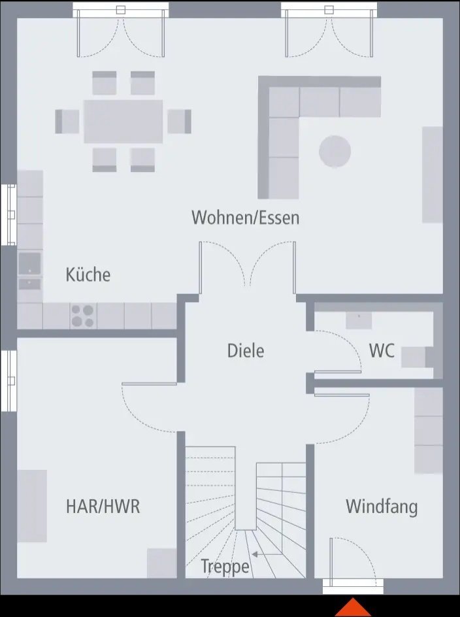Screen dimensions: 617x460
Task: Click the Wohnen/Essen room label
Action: tap(245, 218)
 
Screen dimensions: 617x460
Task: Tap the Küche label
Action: tap(88, 275)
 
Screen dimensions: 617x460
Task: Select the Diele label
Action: tap(246, 350)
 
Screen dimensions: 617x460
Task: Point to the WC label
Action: tap(382, 351)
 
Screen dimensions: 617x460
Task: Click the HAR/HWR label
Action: tap(103, 506)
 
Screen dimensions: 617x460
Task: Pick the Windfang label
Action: tap(382, 506)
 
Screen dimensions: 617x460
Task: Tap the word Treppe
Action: tap(225, 566)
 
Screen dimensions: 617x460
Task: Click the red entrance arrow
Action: tap(353, 608)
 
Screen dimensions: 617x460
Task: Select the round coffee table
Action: tap(335, 151)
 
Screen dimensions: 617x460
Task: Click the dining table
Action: tap(123, 121)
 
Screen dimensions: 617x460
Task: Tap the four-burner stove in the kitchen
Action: tap(83, 316)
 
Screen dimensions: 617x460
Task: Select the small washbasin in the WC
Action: tap(359, 320)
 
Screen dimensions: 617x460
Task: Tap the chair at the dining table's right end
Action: tap(179, 121)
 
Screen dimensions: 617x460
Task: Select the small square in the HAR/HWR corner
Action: tap(161, 563)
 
